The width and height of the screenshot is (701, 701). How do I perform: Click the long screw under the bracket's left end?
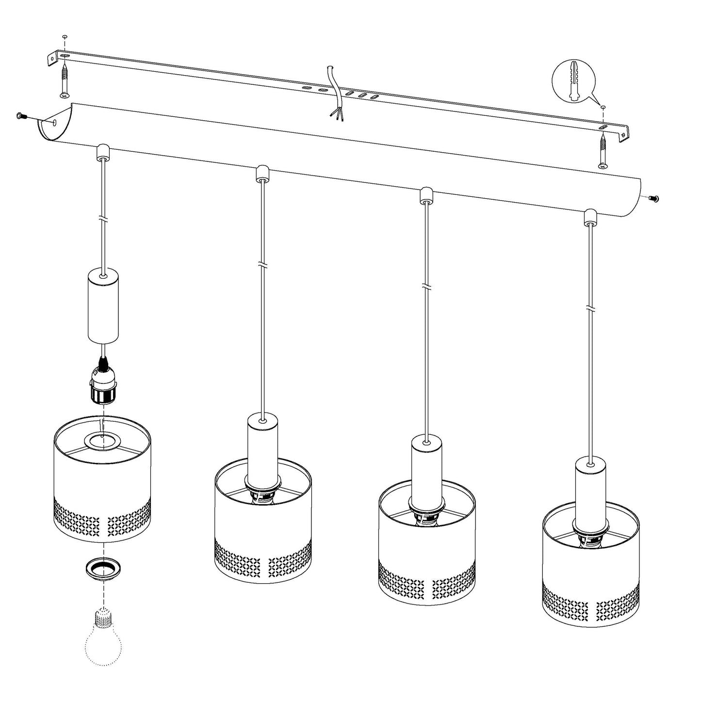(x=65, y=80)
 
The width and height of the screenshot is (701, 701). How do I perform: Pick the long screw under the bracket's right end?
(x=603, y=151)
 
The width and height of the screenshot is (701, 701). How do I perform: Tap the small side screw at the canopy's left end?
(x=21, y=116)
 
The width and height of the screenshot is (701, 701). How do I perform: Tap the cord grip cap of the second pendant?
(x=262, y=173)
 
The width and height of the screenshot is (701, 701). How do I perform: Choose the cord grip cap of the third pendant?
(x=425, y=194)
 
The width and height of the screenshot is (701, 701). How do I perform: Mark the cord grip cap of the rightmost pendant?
(x=589, y=216)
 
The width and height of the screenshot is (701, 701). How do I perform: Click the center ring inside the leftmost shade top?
(x=102, y=441)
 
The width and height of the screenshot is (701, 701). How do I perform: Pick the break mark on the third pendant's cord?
(x=425, y=286)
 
